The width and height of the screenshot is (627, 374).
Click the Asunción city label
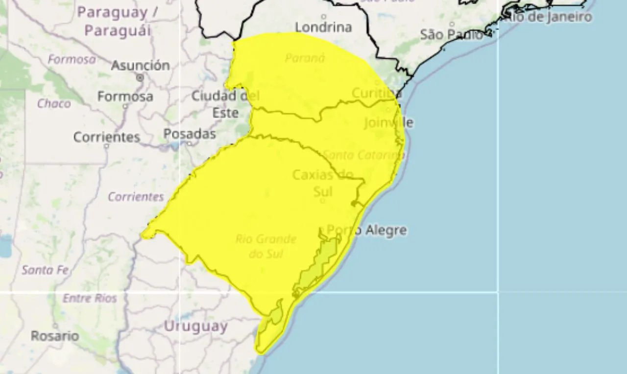[140, 65]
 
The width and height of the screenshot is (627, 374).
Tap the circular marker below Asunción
[141, 77]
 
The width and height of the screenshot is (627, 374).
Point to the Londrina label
[324, 27]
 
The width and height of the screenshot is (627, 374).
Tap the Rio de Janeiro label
[548, 17]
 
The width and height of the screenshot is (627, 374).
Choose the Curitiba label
[377, 93]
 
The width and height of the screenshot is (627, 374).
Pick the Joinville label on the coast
[388, 122]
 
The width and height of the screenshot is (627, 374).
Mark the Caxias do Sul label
[323, 182]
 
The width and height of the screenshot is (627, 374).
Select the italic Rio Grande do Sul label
[266, 246]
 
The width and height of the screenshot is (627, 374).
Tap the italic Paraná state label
[305, 58]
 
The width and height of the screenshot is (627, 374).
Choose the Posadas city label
[190, 133]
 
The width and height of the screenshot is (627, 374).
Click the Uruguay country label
[195, 326]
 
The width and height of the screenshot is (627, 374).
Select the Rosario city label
[55, 336]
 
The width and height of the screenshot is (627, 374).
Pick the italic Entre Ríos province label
[90, 298]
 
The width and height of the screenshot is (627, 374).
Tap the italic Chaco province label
[54, 103]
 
